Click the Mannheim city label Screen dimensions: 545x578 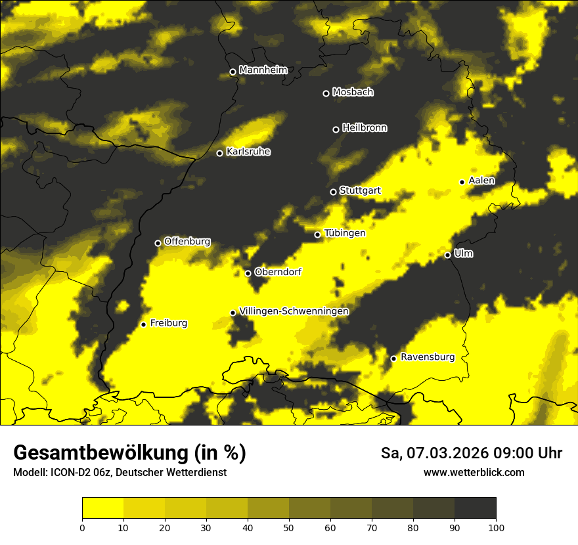click(x=263, y=70)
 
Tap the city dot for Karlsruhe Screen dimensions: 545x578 click(x=220, y=153)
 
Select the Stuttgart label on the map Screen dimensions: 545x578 click(x=360, y=190)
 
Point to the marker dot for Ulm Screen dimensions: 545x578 click(x=447, y=255)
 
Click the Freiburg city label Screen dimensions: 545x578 click(x=168, y=323)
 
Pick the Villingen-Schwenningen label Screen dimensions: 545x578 click(x=294, y=311)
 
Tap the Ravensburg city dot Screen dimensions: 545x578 click(x=393, y=359)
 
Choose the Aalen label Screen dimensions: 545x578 click(x=481, y=181)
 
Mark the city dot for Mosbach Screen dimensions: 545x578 click(x=326, y=93)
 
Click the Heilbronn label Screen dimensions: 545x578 click(x=365, y=128)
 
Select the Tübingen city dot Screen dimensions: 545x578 click(x=317, y=234)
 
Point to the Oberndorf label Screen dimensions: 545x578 click(x=278, y=272)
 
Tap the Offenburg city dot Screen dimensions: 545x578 click(x=158, y=243)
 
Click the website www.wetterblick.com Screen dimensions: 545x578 click(x=474, y=472)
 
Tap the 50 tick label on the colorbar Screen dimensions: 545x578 click(x=289, y=527)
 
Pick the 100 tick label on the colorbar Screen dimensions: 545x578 click(x=496, y=527)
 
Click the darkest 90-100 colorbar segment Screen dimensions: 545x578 click(x=475, y=508)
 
